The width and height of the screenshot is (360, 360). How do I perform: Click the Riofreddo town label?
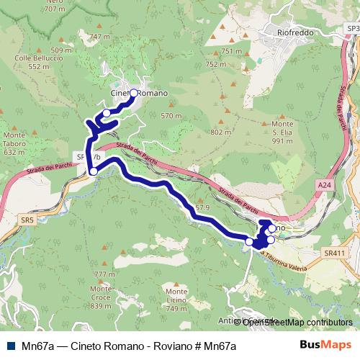tap(298, 32)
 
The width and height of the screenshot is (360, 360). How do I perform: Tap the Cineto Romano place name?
tap(140, 94)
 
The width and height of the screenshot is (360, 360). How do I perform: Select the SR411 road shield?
tap(334, 253)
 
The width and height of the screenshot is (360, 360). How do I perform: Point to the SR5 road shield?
tap(27, 219)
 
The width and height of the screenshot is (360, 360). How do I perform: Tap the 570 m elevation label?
tap(171, 115)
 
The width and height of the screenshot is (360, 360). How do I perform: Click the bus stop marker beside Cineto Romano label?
tap(133, 93)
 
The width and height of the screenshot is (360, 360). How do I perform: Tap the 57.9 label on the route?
tap(202, 207)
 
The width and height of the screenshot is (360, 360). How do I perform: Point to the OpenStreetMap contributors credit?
tap(297, 322)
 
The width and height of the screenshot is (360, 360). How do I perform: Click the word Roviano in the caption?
tap(166, 346)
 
